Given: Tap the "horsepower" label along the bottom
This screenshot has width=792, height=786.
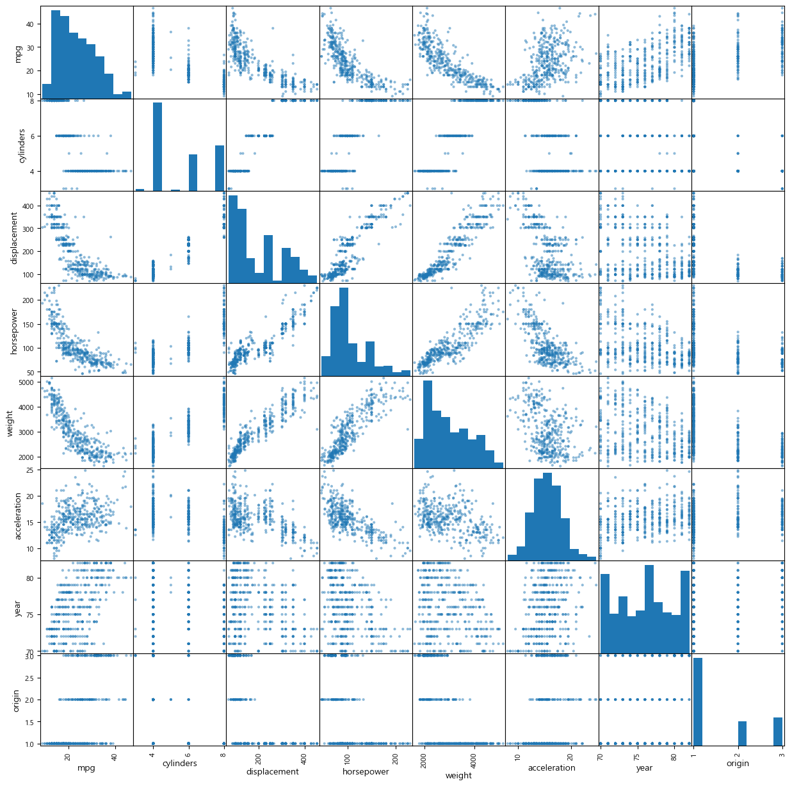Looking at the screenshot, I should [365, 771].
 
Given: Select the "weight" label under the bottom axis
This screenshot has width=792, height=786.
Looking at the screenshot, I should [458, 775].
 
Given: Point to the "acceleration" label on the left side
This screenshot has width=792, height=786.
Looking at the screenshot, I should [18, 514].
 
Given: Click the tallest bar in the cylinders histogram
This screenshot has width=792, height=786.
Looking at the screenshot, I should [158, 147].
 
